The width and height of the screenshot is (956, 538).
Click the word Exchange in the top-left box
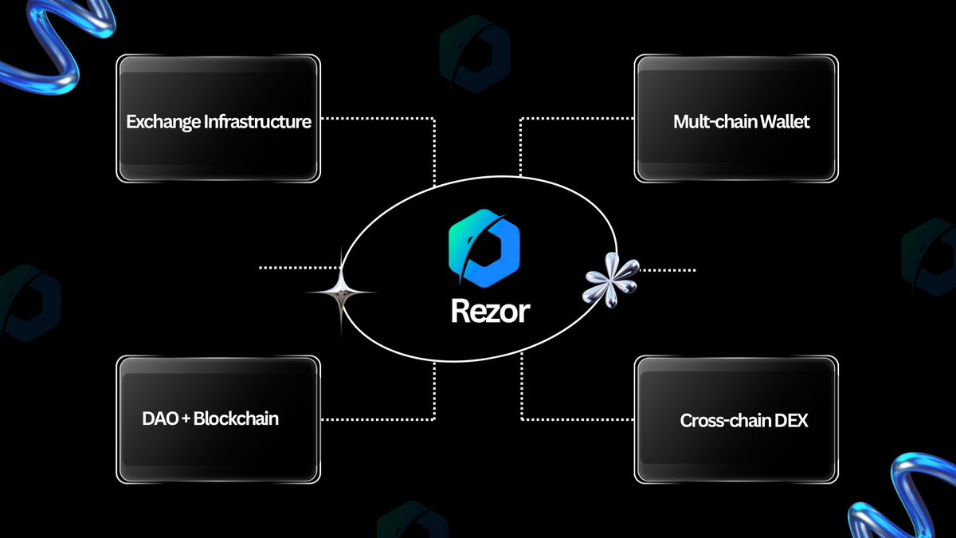pos(163,122)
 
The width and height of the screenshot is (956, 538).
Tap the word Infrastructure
pos(258,122)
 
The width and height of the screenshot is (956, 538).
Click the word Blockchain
pos(236,418)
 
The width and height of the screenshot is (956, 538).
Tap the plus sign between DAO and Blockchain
pos(186,419)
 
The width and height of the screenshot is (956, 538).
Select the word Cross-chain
pos(725,421)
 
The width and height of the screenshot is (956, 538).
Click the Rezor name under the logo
pos(491,311)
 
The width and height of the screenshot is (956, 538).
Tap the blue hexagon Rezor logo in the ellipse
pos(484,248)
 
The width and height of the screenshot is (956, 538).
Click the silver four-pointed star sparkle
pos(341,293)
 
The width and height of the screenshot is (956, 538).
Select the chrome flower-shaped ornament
pos(611,280)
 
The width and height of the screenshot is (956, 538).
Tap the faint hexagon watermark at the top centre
pos(475,53)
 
